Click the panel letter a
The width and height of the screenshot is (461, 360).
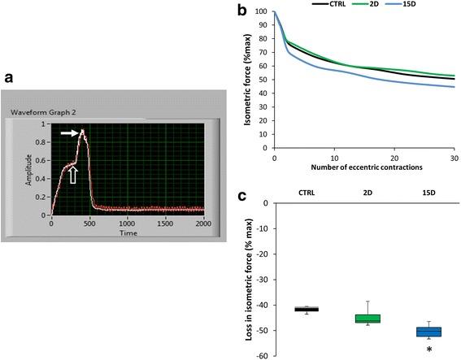tap(9, 78)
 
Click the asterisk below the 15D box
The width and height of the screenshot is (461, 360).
tap(428, 349)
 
